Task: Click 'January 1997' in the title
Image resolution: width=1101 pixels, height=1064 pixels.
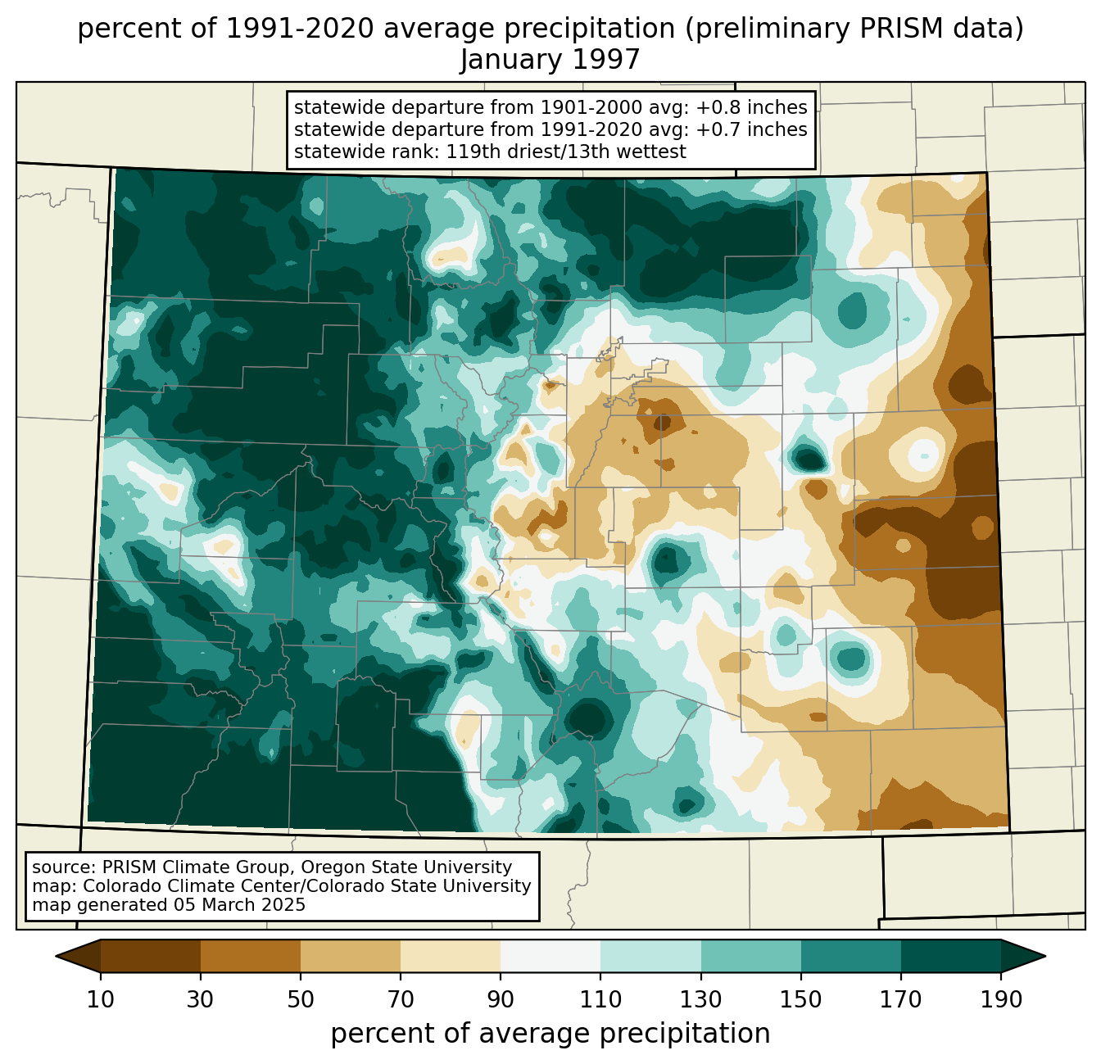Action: pos(550,60)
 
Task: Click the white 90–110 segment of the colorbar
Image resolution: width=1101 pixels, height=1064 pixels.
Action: pos(550,957)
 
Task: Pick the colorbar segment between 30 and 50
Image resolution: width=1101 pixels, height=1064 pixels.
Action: pos(250,957)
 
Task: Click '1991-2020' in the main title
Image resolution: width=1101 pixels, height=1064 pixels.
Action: pos(300,29)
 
